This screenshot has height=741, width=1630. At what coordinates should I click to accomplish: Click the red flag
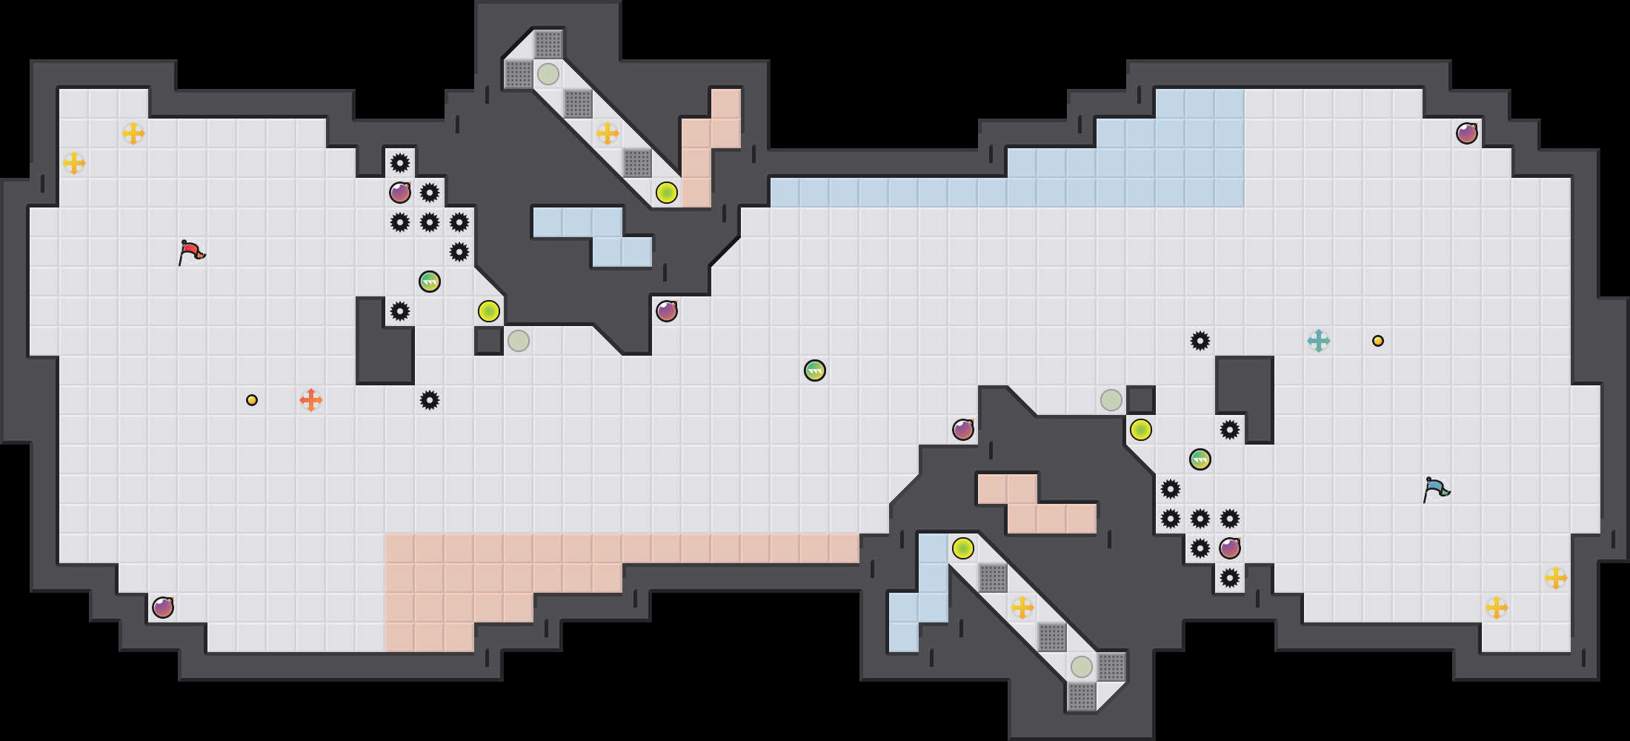click(191, 252)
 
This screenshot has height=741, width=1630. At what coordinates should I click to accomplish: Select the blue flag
click(1436, 489)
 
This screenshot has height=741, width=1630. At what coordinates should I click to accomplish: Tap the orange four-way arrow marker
click(311, 400)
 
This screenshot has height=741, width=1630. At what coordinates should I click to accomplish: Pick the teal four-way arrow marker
click(1319, 341)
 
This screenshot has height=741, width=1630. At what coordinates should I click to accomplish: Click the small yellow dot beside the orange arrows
click(252, 400)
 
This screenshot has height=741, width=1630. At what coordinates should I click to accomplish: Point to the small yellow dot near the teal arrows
click(1378, 341)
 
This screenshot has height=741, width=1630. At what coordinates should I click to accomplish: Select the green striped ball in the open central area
click(815, 370)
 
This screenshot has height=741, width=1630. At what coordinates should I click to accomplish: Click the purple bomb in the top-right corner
click(1467, 133)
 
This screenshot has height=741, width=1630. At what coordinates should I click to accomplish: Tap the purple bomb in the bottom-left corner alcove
click(163, 608)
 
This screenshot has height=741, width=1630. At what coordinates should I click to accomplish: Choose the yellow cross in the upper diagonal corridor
click(608, 133)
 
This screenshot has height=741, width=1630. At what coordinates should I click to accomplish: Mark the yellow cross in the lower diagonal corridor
click(1022, 608)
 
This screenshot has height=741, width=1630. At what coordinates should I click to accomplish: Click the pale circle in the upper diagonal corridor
click(548, 74)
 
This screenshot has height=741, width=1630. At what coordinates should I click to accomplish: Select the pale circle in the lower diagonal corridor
click(1082, 667)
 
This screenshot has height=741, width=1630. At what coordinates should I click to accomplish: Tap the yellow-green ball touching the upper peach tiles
click(667, 193)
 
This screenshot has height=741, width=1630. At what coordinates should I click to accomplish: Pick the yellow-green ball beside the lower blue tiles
click(963, 548)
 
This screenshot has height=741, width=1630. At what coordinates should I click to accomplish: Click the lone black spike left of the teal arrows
click(1200, 341)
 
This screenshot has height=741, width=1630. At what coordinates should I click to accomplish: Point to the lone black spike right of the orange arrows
click(430, 400)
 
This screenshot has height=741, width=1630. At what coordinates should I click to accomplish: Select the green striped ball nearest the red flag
click(430, 282)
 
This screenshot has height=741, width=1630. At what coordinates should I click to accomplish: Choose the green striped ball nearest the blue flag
click(1200, 459)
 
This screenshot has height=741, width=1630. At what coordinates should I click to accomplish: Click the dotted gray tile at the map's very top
click(548, 44)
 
